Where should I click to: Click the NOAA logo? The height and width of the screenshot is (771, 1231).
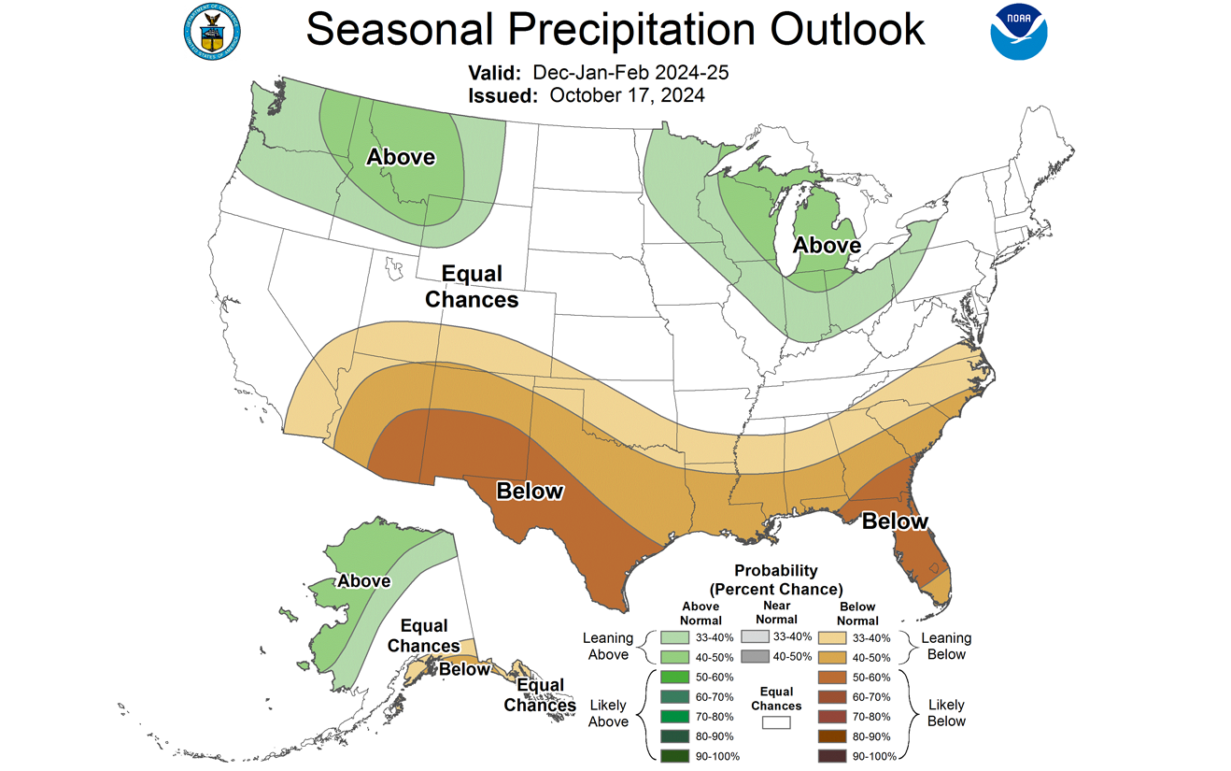[x=1019, y=31]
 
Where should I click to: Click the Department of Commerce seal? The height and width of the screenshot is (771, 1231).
[x=211, y=31]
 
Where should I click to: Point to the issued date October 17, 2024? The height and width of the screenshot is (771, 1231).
[x=627, y=94]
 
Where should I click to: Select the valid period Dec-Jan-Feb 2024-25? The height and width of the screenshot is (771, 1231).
[x=630, y=72]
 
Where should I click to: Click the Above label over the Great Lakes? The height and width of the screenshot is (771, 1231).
[x=827, y=245]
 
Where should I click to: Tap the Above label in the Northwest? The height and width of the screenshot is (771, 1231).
[x=401, y=156]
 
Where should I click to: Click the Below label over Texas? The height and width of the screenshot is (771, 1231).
[x=530, y=491]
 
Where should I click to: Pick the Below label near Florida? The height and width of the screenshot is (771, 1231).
[x=895, y=521]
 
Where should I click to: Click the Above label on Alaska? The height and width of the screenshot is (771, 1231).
[x=364, y=581]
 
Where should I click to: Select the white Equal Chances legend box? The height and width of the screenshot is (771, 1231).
[x=776, y=721]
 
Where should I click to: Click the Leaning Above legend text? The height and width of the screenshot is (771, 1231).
[x=608, y=646]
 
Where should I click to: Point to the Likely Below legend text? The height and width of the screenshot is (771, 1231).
[x=946, y=712]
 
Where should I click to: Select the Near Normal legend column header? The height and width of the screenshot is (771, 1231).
[x=776, y=612]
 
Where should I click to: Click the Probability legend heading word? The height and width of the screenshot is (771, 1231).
[x=775, y=570]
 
